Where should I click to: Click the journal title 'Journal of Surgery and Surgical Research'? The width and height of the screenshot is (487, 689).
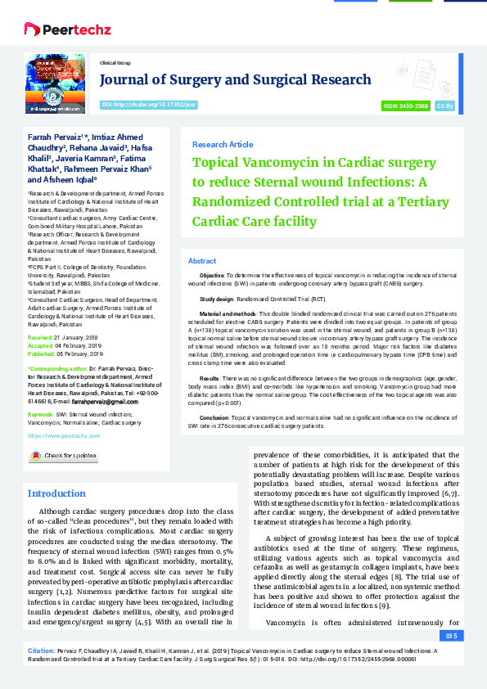[x=235, y=79]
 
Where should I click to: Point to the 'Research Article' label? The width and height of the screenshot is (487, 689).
[x=222, y=144]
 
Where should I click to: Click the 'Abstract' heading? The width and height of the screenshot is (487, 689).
[x=202, y=260]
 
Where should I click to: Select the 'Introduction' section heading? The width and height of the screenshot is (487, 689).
[x=56, y=493]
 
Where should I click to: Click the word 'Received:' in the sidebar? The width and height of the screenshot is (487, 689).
[x=41, y=337]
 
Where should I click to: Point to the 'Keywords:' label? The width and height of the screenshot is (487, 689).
[x=41, y=415]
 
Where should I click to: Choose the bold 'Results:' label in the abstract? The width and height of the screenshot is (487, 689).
[x=209, y=379]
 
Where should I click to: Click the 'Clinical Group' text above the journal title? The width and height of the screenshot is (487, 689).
[x=115, y=62]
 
